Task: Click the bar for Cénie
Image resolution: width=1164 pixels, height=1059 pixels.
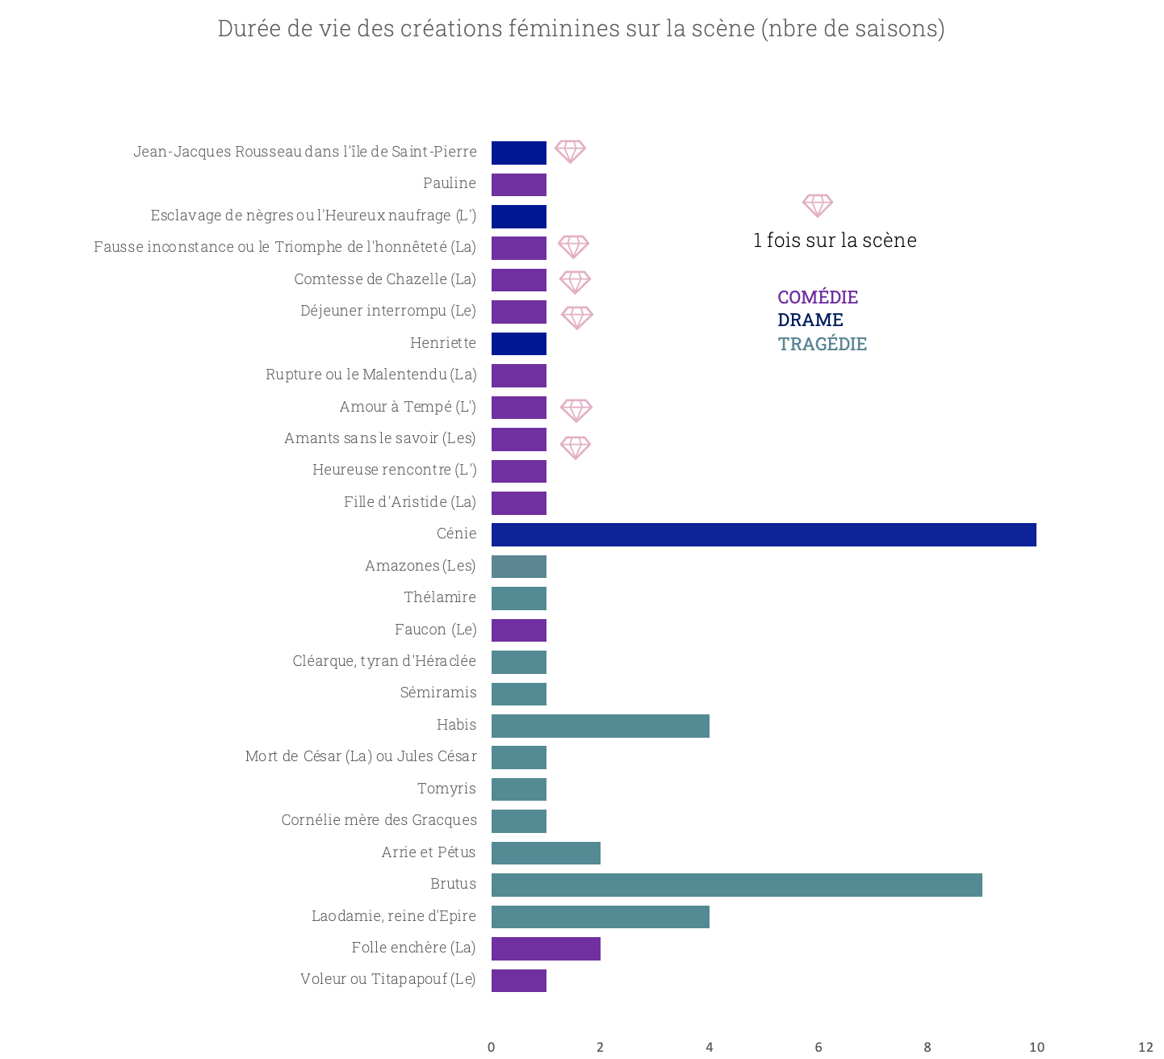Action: [763, 534]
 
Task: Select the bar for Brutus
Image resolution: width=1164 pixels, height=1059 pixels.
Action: [736, 885]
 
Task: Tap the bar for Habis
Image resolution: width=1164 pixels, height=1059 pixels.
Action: [600, 726]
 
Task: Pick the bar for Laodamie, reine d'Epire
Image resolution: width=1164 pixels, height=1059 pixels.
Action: [600, 917]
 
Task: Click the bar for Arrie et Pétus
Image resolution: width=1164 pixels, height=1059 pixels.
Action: [546, 853]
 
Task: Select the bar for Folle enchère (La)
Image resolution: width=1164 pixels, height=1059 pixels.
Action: [546, 948]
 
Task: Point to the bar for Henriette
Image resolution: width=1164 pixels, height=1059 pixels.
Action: [519, 344]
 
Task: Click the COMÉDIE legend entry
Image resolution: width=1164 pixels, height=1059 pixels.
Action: [818, 297]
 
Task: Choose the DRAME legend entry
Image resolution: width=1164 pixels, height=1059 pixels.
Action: [810, 320]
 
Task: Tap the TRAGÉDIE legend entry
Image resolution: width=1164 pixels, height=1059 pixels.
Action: [822, 344]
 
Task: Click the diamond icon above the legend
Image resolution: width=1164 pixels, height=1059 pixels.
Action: [817, 205]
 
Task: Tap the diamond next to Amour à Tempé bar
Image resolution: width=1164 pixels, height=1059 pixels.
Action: [576, 410]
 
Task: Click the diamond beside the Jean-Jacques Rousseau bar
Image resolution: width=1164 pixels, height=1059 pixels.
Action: [570, 151]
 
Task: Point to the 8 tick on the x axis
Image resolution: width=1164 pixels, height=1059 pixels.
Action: [927, 1047]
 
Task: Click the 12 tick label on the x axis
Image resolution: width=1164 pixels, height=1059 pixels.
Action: [1145, 1047]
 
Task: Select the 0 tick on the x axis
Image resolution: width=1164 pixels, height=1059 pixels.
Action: [491, 1047]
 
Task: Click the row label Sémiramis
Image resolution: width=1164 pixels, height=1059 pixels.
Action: [438, 693]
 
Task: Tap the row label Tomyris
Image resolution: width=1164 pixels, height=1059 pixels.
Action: [446, 789]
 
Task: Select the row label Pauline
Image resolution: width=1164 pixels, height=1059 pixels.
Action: [450, 183]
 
